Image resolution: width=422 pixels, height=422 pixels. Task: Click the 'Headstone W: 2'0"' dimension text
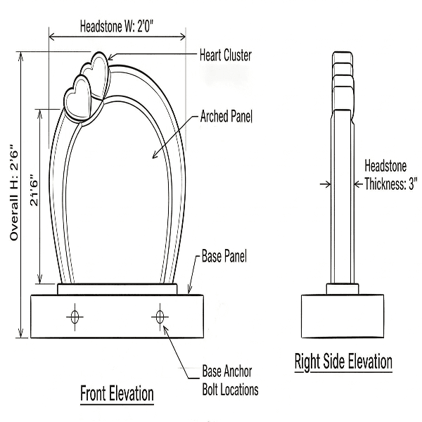[117, 28]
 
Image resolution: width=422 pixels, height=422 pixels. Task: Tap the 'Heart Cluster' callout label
[225, 55]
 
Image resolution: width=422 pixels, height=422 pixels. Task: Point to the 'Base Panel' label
[224, 255]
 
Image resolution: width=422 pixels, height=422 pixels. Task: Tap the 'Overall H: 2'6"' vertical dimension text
[13, 194]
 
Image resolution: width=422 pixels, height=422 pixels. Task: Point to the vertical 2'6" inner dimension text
[34, 190]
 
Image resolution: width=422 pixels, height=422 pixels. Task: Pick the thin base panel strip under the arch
[117, 289]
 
